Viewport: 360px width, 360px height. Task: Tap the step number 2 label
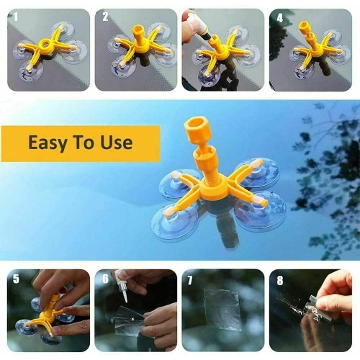tap(104, 16)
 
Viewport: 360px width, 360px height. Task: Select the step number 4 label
tap(279, 16)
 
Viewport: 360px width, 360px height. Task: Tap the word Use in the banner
tap(117, 143)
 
